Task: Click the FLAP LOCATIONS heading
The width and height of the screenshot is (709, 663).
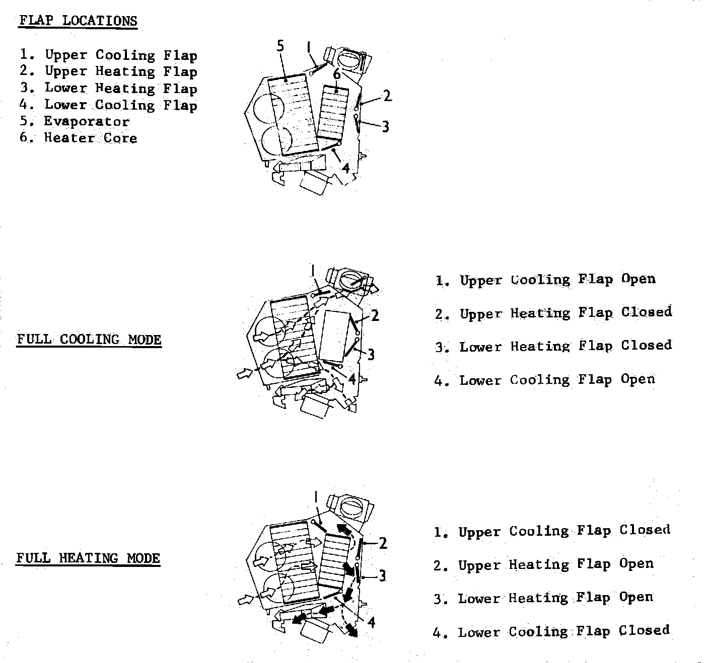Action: (78, 21)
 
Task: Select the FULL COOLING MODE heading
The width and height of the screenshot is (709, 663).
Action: (89, 340)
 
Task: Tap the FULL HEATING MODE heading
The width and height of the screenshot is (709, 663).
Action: (88, 558)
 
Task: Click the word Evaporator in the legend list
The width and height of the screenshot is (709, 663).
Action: (87, 121)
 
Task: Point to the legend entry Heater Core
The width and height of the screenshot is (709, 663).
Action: (90, 138)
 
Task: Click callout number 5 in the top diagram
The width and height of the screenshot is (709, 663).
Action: (280, 46)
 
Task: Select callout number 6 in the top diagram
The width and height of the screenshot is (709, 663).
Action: (337, 74)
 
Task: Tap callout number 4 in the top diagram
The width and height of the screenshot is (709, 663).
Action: (345, 168)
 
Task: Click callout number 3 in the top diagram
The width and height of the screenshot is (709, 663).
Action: (385, 126)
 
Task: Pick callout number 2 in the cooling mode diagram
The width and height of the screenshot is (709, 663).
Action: (375, 316)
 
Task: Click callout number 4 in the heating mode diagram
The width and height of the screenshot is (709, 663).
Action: (371, 623)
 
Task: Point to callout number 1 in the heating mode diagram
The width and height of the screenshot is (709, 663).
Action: (315, 498)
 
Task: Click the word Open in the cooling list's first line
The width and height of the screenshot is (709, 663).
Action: (638, 279)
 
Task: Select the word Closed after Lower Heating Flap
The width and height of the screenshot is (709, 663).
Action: (646, 346)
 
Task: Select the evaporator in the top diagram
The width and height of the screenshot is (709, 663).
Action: (293, 115)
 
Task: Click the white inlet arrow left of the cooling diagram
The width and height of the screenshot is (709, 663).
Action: (245, 374)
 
